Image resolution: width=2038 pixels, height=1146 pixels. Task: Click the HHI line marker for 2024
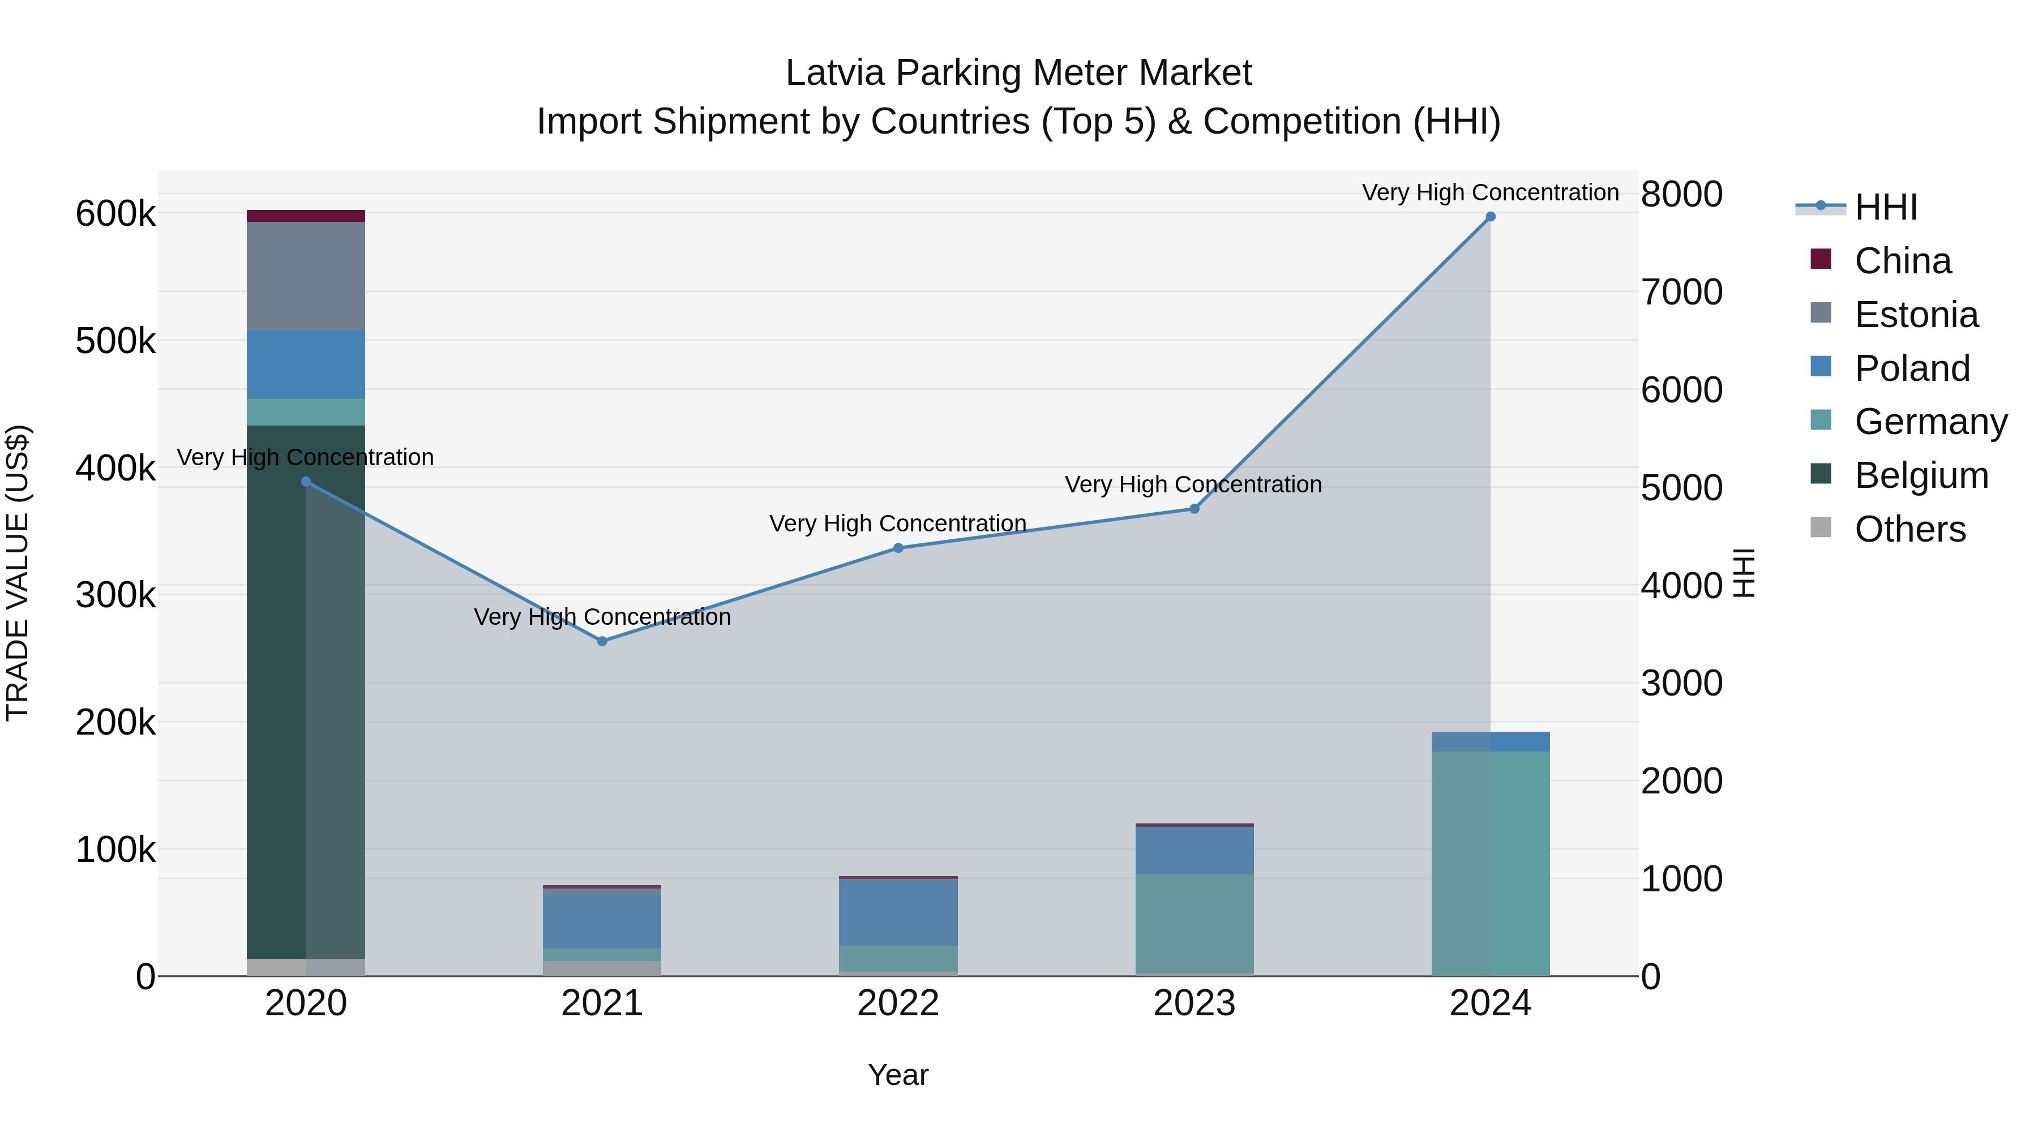[1491, 217]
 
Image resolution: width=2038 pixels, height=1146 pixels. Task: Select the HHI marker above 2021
[602, 641]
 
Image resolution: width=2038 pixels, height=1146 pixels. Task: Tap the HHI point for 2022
[898, 548]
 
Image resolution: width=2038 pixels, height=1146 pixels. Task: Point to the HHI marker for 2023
[1194, 509]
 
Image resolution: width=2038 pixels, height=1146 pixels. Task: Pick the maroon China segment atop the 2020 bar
[306, 216]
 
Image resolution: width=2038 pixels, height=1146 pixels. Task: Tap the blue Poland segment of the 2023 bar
[1194, 850]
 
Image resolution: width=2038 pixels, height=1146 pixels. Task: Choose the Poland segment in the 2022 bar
[898, 912]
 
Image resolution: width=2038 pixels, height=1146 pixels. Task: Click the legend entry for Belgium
[1921, 475]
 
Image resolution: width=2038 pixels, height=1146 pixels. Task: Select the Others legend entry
[1910, 529]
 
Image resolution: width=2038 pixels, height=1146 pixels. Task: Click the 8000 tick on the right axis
[1681, 195]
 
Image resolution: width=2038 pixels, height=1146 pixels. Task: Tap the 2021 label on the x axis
[602, 1003]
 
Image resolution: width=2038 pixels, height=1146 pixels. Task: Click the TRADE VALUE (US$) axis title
[18, 573]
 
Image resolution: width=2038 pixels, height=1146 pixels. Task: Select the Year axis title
[898, 1075]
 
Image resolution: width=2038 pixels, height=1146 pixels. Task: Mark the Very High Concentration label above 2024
[1491, 192]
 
